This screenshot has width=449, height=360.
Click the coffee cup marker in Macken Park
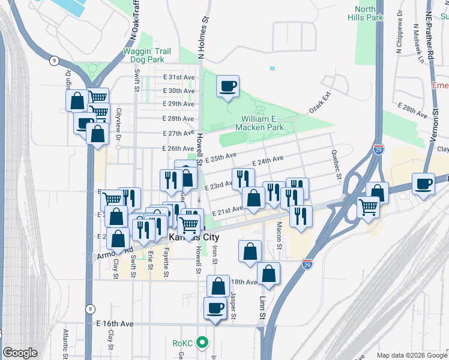point(228,88)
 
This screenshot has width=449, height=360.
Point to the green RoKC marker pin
point(203,344)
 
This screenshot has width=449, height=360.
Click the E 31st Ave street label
point(179,78)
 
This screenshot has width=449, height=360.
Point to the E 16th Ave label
point(115,323)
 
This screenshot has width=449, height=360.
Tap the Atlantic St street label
point(64,344)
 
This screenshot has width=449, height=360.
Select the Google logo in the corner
point(20,353)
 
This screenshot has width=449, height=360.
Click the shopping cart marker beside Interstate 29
point(369,208)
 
